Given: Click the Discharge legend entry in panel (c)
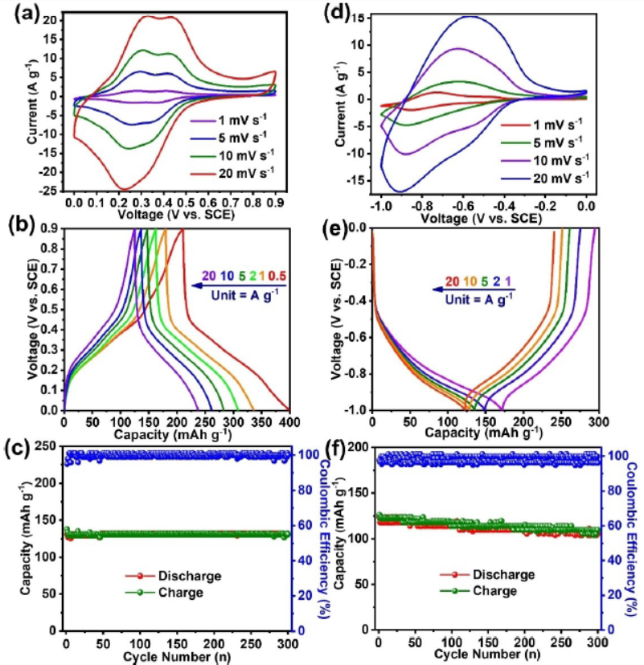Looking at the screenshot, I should [x=182, y=576].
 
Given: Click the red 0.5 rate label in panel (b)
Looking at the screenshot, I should [x=277, y=277].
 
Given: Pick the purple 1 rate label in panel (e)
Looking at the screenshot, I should [x=509, y=281].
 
